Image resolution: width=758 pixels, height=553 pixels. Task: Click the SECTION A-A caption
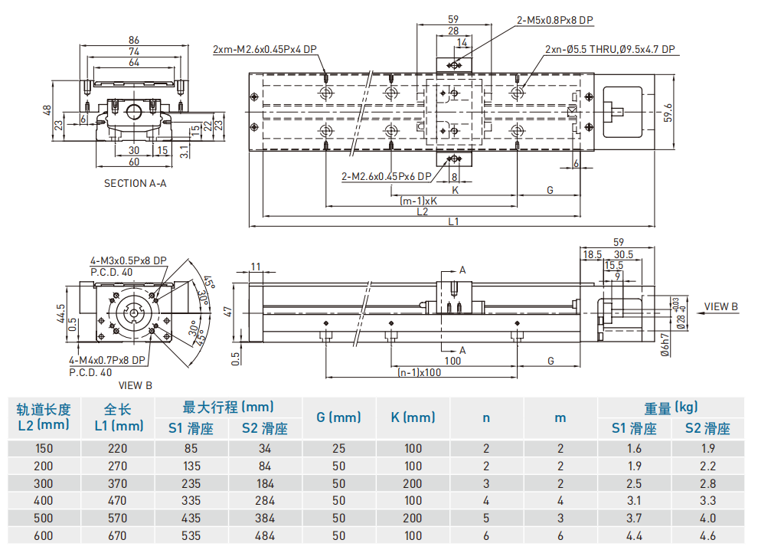[135, 183]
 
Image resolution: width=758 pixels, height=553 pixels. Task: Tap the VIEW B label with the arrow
[720, 306]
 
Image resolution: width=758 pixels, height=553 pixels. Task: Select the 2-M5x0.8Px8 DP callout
[554, 20]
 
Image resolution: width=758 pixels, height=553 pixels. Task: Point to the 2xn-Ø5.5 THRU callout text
[609, 49]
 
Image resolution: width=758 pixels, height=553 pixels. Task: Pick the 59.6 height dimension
[668, 112]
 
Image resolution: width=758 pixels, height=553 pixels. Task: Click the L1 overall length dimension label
[453, 222]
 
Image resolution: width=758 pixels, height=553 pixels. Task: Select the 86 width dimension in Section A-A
[134, 40]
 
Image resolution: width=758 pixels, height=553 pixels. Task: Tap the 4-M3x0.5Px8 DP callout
[128, 260]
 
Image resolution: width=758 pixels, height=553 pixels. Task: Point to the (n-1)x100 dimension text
[420, 373]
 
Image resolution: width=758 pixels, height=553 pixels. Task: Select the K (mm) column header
[413, 417]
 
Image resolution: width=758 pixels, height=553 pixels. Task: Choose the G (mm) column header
[338, 417]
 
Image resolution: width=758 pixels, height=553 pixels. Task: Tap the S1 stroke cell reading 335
[191, 501]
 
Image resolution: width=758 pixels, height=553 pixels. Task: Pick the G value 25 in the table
[338, 449]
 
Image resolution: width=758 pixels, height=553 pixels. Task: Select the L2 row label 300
[44, 483]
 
